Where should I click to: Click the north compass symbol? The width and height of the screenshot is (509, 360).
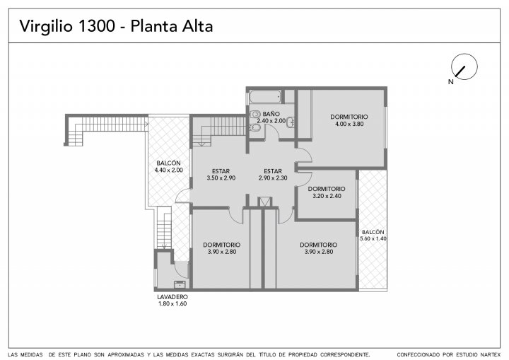tap(464, 66)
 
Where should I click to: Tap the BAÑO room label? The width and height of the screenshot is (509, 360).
tap(271, 114)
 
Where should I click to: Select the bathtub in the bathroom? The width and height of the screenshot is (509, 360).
tap(265, 96)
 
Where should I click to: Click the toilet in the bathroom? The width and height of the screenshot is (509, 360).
tap(255, 114)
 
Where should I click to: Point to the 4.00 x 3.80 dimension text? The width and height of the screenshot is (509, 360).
tap(349, 124)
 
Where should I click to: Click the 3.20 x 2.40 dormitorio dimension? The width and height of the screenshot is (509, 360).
tap(327, 196)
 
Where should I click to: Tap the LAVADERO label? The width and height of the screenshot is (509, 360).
tap(172, 297)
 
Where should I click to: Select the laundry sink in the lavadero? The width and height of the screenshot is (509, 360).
tap(180, 284)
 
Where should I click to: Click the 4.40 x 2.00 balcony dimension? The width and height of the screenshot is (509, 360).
tap(168, 170)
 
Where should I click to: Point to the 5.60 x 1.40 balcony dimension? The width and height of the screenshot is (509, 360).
tap(373, 238)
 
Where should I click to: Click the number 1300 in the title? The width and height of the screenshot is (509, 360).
tap(96, 26)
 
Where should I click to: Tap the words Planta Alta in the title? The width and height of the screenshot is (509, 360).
tap(172, 26)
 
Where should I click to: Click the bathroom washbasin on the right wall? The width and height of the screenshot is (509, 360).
tap(291, 122)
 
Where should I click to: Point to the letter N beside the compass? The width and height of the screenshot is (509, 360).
tap(450, 82)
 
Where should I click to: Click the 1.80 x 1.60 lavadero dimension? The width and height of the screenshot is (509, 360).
tap(172, 304)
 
